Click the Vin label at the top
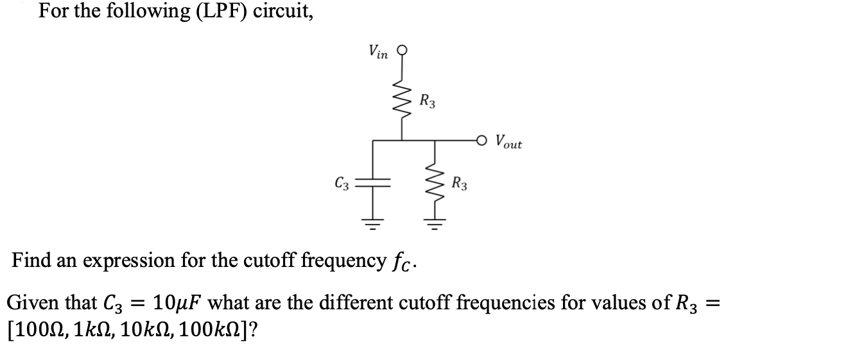click(377, 52)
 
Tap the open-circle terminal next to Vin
click(402, 52)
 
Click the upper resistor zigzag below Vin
click(402, 99)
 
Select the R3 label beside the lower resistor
click(459, 185)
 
